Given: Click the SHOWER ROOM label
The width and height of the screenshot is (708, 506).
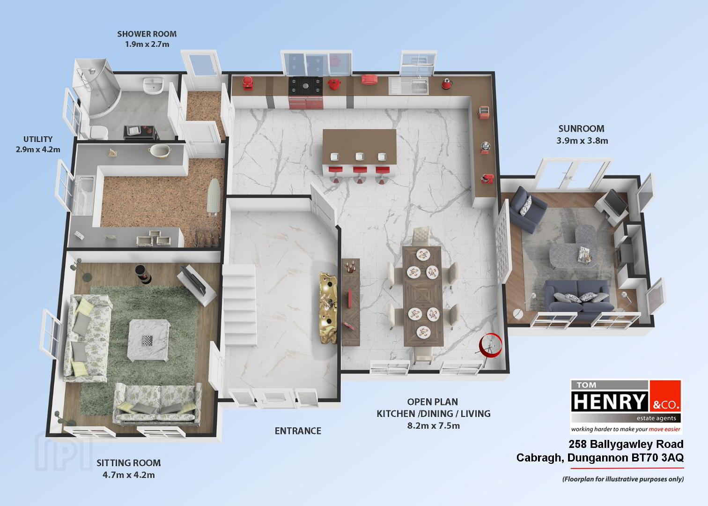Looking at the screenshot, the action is click(x=147, y=34).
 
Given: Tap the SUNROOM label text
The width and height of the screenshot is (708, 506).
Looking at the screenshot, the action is click(x=581, y=129).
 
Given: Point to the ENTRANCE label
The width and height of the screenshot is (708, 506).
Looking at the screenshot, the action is click(x=298, y=431).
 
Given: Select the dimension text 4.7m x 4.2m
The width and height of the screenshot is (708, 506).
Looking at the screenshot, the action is click(x=129, y=475).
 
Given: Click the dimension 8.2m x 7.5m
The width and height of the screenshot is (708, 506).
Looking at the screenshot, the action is click(x=433, y=426).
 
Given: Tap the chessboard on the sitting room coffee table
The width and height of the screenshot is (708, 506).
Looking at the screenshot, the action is click(x=147, y=341).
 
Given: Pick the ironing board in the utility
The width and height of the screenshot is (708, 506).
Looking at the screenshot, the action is click(x=214, y=197).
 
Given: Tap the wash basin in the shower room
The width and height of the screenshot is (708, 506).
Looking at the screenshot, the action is click(x=153, y=85).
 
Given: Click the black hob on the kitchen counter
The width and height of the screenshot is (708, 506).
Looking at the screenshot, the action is click(x=305, y=85).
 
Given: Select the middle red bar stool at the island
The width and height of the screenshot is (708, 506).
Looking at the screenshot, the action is click(x=360, y=173).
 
